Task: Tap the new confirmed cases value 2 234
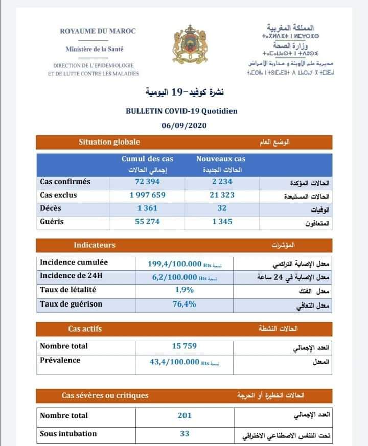220,182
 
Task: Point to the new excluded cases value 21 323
220,195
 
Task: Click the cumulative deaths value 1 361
147,208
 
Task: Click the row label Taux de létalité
68,290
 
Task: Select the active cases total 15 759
184,346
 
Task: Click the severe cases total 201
185,416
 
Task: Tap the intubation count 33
185,434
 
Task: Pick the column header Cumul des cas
147,159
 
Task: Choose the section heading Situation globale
109,142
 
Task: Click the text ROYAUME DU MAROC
98,31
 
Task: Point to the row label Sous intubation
68,434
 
